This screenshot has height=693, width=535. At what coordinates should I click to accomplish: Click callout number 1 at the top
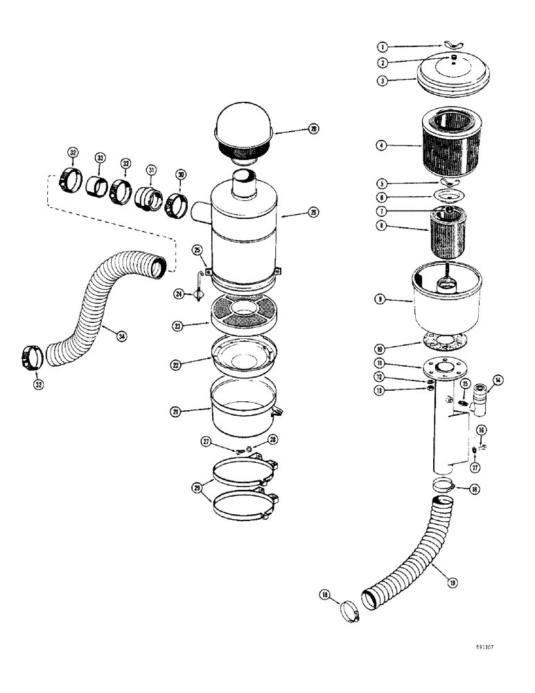pos(381,46)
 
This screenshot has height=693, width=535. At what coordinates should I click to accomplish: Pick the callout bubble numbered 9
pos(381,300)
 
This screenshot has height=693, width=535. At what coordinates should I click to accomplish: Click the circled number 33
pos(100,159)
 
